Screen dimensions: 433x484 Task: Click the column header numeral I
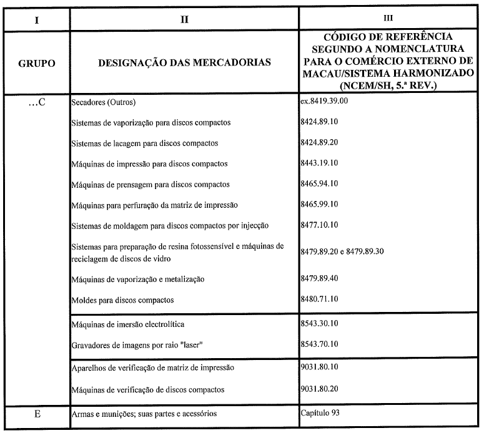coord(37,19)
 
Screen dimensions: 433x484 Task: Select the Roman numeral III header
coord(388,19)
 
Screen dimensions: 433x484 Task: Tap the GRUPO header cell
coord(37,62)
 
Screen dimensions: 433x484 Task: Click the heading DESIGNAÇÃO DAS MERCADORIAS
coord(184,62)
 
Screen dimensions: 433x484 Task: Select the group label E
coord(37,413)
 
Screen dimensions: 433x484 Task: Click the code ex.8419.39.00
coord(327,101)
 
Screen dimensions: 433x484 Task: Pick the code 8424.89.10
coord(321,122)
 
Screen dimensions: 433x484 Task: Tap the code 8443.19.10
coord(321,163)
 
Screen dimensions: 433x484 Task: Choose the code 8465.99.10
coord(321,205)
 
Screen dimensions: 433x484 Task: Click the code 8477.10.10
coord(321,225)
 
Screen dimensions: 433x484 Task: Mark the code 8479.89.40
coord(321,279)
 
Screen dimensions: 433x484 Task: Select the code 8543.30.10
coord(321,324)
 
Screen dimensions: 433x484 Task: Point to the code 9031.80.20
coord(321,390)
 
